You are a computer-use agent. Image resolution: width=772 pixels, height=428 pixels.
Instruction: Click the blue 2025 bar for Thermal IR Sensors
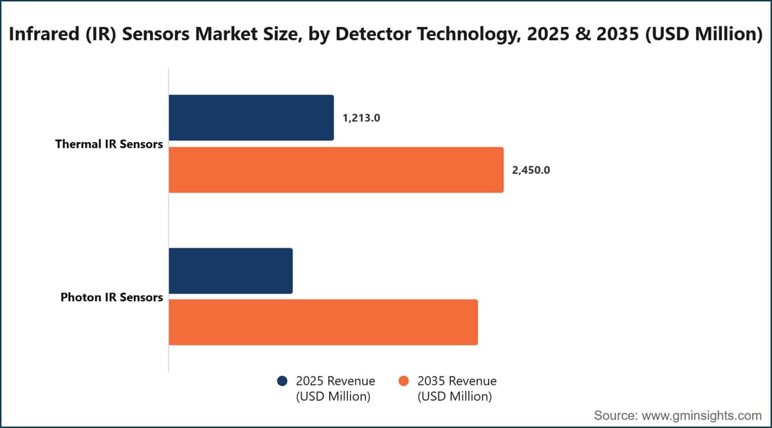coord(252,118)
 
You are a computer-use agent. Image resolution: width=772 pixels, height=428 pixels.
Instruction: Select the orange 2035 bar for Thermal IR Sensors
coord(336,170)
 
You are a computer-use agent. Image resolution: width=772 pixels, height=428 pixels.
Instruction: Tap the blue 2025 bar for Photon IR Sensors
coord(230,271)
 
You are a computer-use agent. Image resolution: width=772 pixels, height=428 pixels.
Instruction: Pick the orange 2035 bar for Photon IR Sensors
coord(323,323)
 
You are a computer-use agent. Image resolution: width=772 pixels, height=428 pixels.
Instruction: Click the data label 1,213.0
coord(361,118)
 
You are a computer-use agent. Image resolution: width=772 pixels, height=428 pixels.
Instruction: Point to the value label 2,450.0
coord(531,170)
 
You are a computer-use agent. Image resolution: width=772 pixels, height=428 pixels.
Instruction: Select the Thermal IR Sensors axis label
coord(109,144)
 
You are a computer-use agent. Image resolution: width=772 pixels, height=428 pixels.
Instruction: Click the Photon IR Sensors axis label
coord(112,297)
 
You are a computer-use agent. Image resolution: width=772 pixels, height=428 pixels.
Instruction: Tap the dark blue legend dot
coord(282,381)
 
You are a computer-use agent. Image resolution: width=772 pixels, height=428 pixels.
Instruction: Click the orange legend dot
coord(403,381)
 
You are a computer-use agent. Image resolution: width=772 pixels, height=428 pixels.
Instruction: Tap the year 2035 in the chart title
coord(618,34)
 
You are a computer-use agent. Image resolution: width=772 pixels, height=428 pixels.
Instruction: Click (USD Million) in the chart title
coord(704,35)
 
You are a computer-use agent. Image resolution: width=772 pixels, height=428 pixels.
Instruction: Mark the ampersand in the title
coord(583,34)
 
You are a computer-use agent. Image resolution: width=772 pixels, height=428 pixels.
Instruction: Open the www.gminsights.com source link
coord(702,416)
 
